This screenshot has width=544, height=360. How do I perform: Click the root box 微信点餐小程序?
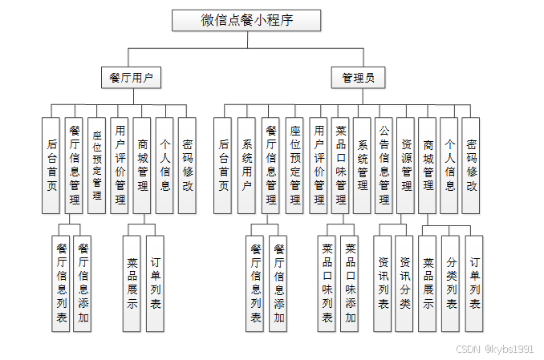246,20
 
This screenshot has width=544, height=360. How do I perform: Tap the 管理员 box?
358,78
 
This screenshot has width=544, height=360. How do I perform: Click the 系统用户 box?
246,165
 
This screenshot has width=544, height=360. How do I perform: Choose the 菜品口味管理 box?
340,165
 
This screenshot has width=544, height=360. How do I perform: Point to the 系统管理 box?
362,165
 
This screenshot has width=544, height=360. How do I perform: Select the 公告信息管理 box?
384,165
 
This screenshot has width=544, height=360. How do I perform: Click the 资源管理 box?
407,165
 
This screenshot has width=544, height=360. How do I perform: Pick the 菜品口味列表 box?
327,283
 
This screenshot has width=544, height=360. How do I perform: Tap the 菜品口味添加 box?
349,283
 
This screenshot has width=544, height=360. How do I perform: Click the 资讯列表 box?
384,283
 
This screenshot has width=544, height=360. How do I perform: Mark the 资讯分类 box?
404,283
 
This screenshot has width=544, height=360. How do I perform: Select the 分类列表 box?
451,283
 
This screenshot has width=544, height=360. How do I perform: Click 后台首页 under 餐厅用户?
51,165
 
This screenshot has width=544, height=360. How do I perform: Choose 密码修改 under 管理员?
471,165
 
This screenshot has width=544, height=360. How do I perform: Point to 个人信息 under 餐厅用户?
164,165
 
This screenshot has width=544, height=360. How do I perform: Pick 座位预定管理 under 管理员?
294,165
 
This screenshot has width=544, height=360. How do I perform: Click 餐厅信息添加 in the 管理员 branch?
278,283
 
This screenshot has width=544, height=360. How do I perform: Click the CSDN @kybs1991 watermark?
494,349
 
